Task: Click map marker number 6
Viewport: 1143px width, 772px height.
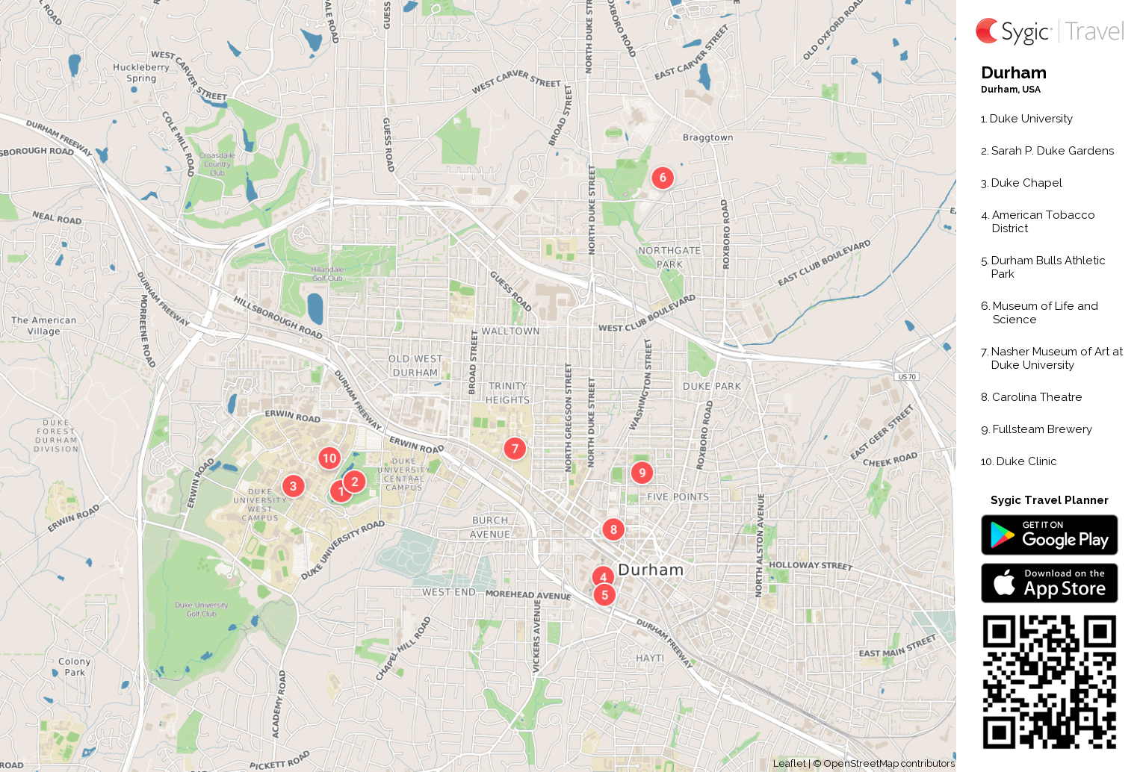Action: pyautogui.click(x=663, y=178)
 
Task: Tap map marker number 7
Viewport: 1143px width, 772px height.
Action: pyautogui.click(x=515, y=449)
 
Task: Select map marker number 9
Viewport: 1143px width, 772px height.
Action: pyautogui.click(x=642, y=473)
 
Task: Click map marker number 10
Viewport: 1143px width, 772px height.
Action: pyautogui.click(x=329, y=458)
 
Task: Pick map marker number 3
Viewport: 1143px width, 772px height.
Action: pyautogui.click(x=293, y=486)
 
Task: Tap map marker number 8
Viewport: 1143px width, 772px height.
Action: pyautogui.click(x=613, y=529)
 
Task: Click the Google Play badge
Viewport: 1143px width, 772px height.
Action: pyautogui.click(x=1049, y=535)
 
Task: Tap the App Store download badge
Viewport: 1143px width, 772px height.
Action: pyautogui.click(x=1049, y=583)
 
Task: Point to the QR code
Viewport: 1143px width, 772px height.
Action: pyautogui.click(x=1049, y=682)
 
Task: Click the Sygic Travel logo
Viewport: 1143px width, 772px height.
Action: pyautogui.click(x=1049, y=31)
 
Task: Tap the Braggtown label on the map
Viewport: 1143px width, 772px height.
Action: pyautogui.click(x=707, y=137)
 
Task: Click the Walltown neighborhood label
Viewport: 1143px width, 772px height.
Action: pyautogui.click(x=510, y=331)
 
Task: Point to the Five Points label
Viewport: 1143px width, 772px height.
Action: pyautogui.click(x=678, y=496)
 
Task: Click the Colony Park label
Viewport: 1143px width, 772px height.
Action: pyautogui.click(x=74, y=667)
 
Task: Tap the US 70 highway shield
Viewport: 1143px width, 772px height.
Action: pyautogui.click(x=907, y=377)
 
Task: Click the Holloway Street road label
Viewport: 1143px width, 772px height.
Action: pyautogui.click(x=811, y=565)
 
